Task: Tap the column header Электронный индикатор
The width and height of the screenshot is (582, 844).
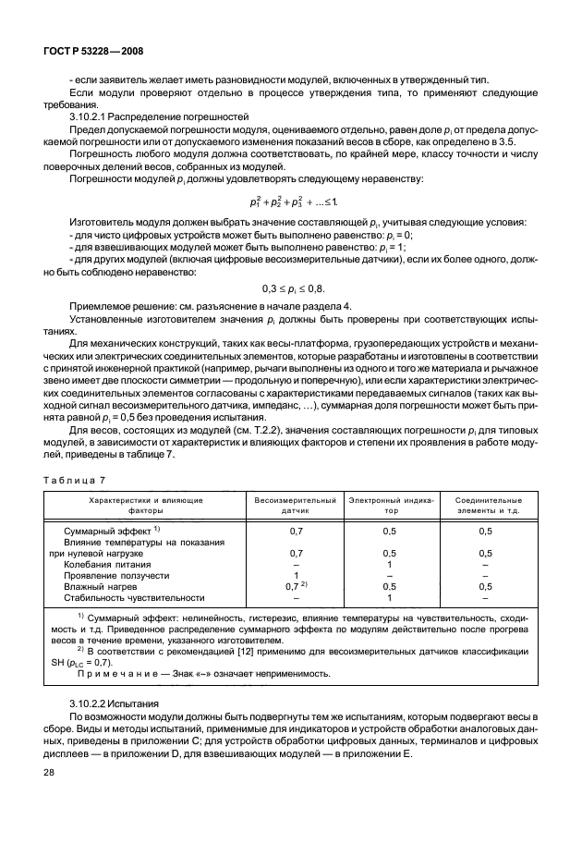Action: pos(391,504)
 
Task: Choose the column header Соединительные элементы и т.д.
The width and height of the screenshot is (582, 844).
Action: pos(485,504)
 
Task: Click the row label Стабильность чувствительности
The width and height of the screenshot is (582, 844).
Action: pos(133,598)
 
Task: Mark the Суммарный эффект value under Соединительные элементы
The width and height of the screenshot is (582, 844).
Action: pos(485,531)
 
